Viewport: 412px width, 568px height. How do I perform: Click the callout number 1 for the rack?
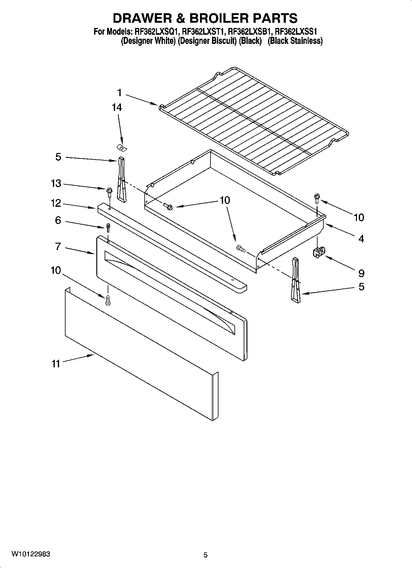pos(119,92)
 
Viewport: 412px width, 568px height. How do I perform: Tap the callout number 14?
pos(117,108)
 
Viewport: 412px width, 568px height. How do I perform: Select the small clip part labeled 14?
pos(122,148)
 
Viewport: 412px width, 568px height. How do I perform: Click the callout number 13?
pos(56,183)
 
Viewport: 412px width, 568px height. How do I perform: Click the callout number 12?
pos(56,203)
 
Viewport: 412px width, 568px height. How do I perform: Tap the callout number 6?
pos(58,220)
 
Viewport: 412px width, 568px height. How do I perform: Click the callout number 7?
pos(58,246)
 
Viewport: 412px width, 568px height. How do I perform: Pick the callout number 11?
pos(56,364)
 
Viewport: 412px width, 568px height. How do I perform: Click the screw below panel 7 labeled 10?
pos(108,300)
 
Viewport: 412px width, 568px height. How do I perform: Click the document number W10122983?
pos(31,554)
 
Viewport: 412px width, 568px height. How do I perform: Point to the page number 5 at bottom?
pos(205,555)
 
